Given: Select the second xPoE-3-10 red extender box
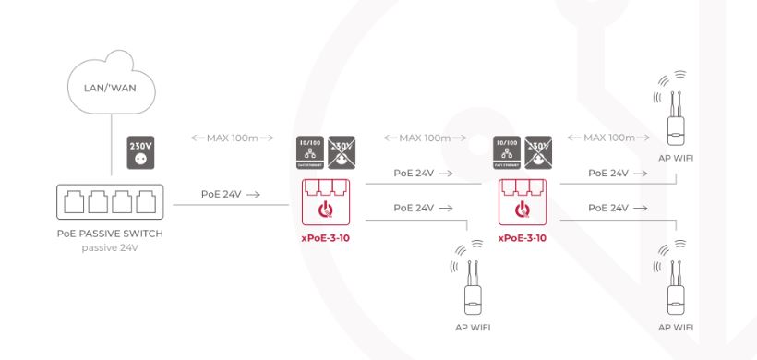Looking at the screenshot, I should [x=522, y=202].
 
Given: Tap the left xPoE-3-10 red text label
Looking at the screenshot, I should [x=326, y=237].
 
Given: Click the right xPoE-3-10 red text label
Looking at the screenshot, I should [x=522, y=237].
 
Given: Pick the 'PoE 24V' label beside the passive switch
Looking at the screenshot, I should [x=230, y=195].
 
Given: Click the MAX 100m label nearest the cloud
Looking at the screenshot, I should [x=232, y=138].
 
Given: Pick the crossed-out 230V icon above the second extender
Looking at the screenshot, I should [x=537, y=151].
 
